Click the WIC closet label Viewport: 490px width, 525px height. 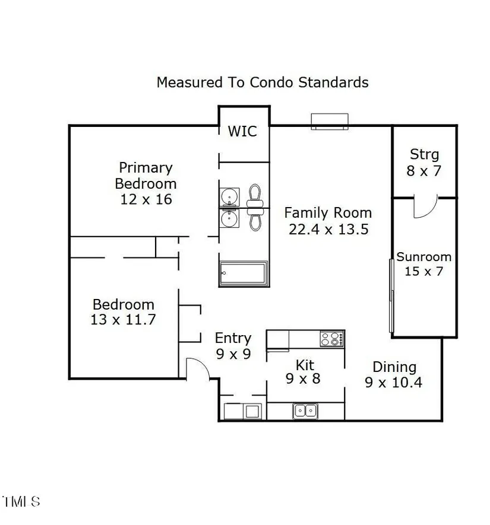tap(242, 131)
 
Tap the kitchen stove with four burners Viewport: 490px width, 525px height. tap(332, 339)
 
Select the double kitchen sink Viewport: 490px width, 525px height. tap(305, 411)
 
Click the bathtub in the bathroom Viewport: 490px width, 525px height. tap(244, 274)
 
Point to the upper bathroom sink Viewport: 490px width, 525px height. tap(229, 196)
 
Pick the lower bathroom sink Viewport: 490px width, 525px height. tap(229, 218)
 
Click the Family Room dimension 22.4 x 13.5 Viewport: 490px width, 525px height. tap(328, 230)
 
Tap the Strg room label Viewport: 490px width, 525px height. tap(424, 155)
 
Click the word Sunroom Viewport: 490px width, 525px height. tap(424, 257)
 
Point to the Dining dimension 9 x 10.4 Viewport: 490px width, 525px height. tap(393, 383)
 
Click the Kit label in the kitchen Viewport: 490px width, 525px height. tap(305, 365)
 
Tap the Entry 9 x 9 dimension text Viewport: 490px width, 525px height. tap(233, 354)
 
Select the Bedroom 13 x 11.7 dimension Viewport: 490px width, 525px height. tap(124, 319)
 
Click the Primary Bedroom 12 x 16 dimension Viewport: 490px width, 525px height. tap(146, 199)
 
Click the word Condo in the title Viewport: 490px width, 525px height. tap(272, 82)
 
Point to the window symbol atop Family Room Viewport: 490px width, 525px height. tap(330, 122)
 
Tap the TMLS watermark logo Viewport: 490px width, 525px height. tap(21, 501)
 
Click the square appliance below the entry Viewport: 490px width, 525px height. tap(252, 412)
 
